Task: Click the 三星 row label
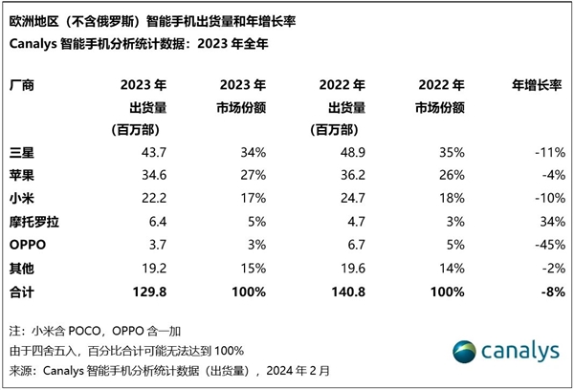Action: point(22,152)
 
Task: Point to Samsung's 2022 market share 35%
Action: point(452,152)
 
